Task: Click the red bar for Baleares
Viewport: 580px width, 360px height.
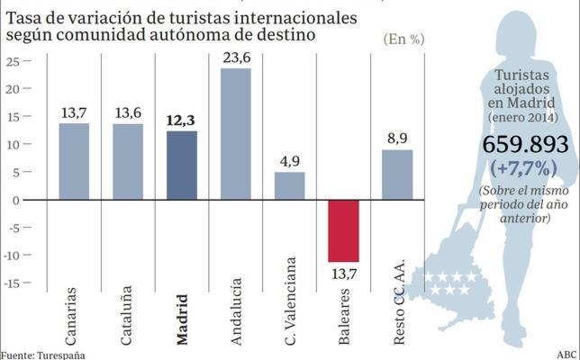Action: [x=343, y=230]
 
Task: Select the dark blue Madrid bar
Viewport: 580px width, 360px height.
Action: [x=182, y=166]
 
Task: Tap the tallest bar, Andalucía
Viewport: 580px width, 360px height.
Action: [x=236, y=134]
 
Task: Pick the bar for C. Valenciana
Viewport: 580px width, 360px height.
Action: [x=290, y=186]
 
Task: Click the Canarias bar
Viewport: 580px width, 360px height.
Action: [x=74, y=161]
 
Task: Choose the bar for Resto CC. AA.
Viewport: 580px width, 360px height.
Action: [x=397, y=175]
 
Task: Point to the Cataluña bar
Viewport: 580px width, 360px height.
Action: [x=128, y=162]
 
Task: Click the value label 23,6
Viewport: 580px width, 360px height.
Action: [x=236, y=58]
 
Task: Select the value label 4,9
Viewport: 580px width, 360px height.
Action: [x=290, y=162]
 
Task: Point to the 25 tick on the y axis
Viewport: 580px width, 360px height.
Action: [x=14, y=61]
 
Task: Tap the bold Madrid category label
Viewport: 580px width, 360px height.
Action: [x=183, y=319]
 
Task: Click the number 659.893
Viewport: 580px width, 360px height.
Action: [x=525, y=145]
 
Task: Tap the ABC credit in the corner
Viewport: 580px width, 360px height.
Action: [x=567, y=354]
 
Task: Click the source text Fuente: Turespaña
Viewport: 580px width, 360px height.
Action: [x=42, y=355]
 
